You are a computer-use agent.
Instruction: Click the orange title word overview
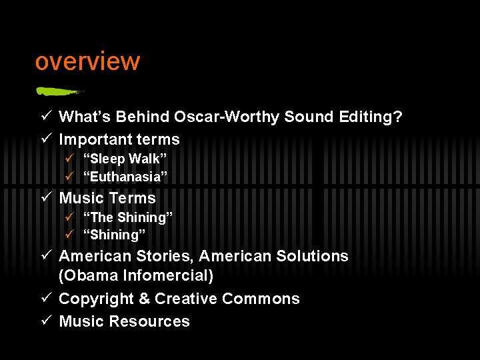click(87, 61)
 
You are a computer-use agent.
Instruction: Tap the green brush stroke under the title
click(59, 91)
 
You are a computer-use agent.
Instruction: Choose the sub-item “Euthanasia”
click(125, 177)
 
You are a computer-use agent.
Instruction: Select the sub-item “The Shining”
click(127, 217)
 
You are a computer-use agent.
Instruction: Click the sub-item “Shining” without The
click(114, 235)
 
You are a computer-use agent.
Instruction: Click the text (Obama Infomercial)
click(136, 275)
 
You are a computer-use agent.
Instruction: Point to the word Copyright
click(96, 299)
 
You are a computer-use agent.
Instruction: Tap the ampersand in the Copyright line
click(143, 299)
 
